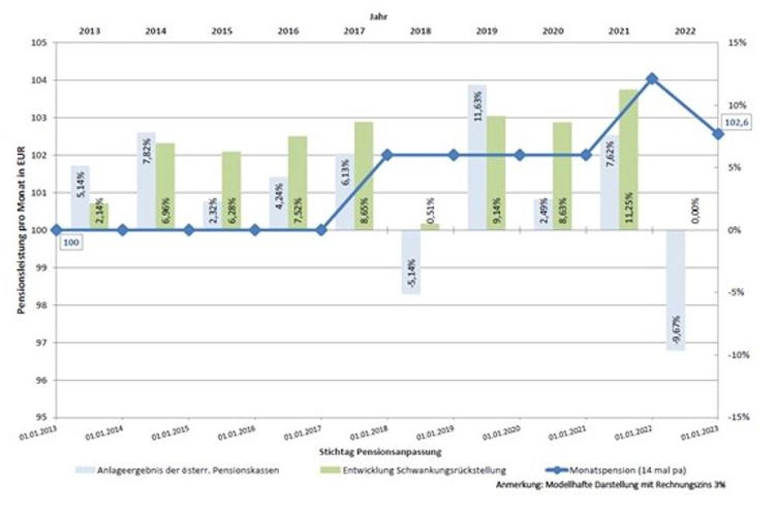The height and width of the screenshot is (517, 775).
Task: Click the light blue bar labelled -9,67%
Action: [x=675, y=290]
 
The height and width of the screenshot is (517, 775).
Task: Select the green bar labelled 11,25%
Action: [x=629, y=159]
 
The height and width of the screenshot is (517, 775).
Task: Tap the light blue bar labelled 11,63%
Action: [x=477, y=157]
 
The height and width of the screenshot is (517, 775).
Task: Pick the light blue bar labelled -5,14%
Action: [x=411, y=262]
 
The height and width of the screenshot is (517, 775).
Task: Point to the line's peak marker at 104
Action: [x=652, y=78]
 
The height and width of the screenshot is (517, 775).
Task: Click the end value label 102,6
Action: [x=734, y=122]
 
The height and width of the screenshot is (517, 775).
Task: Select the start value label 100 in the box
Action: [x=71, y=243]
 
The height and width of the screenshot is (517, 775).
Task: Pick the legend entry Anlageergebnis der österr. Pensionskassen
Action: [x=179, y=470]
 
